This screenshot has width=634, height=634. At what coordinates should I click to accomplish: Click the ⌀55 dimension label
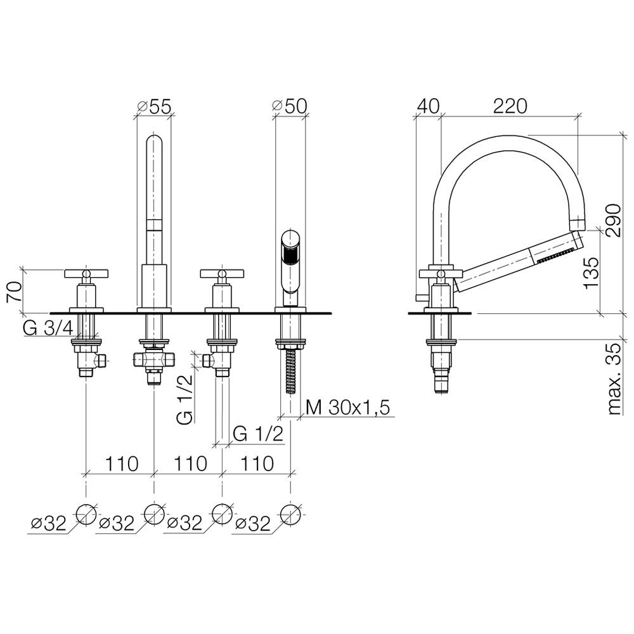coord(154,106)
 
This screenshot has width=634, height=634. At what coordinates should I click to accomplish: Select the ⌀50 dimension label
coord(290,106)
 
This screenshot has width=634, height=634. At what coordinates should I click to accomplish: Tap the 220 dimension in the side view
coord(510,106)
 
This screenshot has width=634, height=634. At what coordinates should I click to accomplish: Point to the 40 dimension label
coord(428,106)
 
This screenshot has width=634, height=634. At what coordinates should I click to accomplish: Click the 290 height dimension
coord(613,221)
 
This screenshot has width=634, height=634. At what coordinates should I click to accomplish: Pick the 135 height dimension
coord(591,272)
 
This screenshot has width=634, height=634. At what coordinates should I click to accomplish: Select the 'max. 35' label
coord(614,379)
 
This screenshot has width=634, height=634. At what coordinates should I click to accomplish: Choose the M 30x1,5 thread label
coord(348,408)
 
